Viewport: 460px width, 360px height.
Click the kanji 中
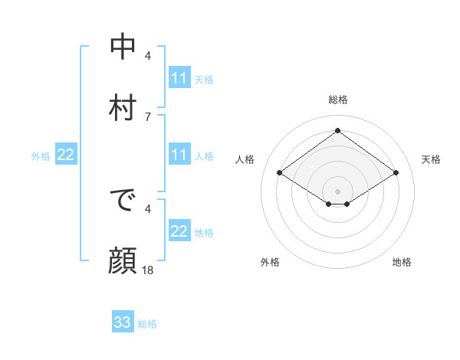(123, 47)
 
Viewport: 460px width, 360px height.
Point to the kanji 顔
(123, 261)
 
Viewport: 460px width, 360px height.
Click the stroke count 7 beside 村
(148, 116)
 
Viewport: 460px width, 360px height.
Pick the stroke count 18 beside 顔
(148, 270)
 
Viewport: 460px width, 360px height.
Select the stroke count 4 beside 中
(148, 55)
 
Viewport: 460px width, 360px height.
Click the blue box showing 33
(123, 322)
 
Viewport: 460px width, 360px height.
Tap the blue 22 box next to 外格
(65, 155)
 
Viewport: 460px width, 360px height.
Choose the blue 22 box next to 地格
(179, 231)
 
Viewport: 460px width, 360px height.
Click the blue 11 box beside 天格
(179, 78)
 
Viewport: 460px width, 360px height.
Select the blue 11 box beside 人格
(179, 155)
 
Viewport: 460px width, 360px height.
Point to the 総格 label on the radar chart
(338, 100)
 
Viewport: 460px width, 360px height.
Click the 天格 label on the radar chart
(431, 159)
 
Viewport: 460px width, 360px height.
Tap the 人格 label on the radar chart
(245, 159)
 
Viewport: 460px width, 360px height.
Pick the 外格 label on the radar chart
(270, 262)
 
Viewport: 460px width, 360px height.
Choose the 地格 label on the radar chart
(402, 262)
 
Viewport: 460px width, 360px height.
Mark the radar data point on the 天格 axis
(396, 173)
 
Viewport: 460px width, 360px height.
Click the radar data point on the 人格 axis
(280, 173)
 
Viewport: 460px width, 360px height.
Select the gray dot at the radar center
(338, 191)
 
